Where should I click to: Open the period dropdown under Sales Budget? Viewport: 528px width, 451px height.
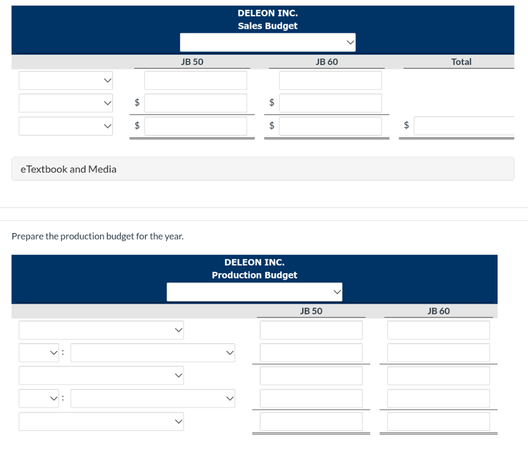[x=268, y=42]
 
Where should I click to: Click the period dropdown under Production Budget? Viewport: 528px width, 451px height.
[x=255, y=292]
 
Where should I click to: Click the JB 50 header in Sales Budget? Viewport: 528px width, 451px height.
[x=192, y=62]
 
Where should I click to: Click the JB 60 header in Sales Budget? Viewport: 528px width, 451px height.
[x=326, y=62]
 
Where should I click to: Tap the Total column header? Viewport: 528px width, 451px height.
[x=461, y=62]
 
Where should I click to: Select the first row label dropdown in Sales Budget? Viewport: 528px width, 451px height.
[x=65, y=80]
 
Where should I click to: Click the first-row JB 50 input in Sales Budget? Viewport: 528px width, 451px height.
[x=195, y=80]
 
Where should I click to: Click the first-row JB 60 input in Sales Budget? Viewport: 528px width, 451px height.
[x=331, y=80]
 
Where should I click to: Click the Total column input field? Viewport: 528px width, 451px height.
[x=464, y=126]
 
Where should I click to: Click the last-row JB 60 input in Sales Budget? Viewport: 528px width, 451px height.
[x=331, y=126]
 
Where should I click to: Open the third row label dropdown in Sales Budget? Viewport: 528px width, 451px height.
[x=65, y=126]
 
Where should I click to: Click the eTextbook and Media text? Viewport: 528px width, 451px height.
[x=69, y=169]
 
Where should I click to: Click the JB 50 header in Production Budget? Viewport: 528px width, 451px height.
[x=311, y=311]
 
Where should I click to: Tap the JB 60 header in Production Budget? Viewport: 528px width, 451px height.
[x=438, y=311]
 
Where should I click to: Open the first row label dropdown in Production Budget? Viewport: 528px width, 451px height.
[x=102, y=330]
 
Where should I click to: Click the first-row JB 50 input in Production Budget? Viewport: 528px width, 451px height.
[x=311, y=330]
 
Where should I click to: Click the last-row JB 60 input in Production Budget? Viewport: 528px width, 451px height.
[x=438, y=422]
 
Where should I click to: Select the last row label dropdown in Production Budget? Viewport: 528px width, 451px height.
[x=102, y=422]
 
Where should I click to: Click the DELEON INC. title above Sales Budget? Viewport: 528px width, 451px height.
[x=268, y=13]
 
